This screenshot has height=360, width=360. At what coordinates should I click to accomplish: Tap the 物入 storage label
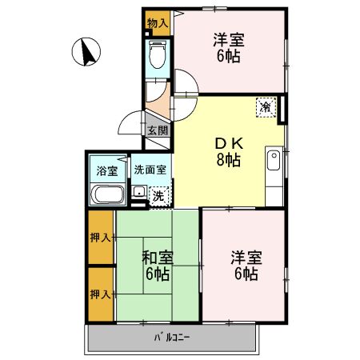(x=158, y=23)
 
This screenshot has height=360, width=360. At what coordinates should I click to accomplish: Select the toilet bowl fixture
(x=157, y=56)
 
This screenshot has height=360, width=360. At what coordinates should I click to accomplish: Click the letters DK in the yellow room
(x=227, y=143)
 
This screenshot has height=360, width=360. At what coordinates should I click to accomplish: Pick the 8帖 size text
(x=227, y=160)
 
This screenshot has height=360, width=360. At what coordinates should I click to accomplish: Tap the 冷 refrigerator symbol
(x=265, y=106)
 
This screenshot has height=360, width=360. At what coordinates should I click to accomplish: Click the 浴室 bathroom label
(x=107, y=170)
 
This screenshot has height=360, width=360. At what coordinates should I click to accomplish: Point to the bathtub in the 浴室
(x=106, y=196)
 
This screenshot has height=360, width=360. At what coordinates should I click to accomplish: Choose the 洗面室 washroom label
(x=150, y=170)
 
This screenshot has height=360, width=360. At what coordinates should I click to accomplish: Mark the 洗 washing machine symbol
(x=158, y=195)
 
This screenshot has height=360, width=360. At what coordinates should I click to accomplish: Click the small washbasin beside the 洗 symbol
(x=139, y=193)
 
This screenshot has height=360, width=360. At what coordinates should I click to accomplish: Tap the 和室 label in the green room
(x=158, y=258)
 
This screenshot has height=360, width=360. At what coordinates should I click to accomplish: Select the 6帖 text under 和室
(x=158, y=274)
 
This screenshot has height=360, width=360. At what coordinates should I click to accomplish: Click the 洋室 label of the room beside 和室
(x=245, y=258)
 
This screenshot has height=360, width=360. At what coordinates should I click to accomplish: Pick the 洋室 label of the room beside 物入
(x=228, y=39)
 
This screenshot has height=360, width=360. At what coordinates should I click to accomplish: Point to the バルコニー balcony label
(x=172, y=338)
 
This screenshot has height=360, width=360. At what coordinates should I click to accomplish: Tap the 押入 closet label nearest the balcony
(x=101, y=294)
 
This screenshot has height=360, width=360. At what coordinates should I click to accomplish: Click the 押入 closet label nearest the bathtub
(x=101, y=238)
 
